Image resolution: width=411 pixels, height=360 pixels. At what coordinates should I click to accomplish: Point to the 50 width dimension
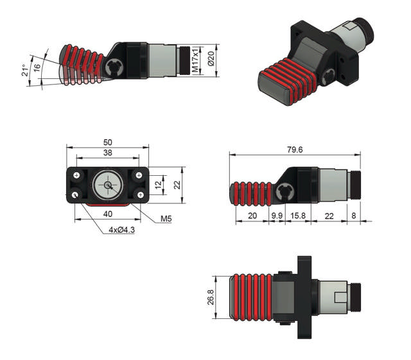click(108, 142)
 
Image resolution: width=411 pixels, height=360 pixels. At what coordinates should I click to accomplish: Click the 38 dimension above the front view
click(108, 153)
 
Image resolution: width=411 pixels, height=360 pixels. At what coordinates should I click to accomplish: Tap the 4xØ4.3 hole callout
click(121, 230)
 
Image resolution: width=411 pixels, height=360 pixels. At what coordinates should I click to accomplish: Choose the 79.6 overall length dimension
click(295, 150)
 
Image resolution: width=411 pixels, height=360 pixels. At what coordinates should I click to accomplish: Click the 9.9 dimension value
click(277, 216)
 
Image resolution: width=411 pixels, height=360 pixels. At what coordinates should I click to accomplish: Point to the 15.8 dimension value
click(297, 216)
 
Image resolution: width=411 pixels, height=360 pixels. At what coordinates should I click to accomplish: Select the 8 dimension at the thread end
click(354, 216)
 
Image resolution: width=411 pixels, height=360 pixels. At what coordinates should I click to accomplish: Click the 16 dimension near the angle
click(38, 67)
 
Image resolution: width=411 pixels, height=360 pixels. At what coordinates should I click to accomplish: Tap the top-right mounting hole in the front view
click(139, 175)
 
